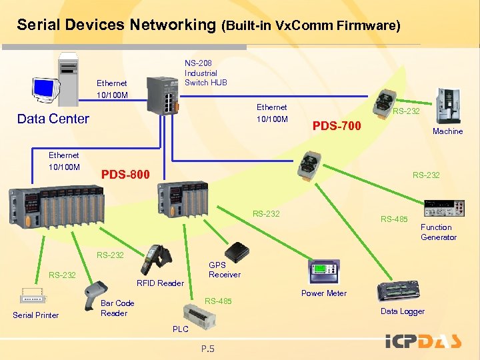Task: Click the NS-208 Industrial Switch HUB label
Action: [x=205, y=73]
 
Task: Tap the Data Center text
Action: [x=53, y=119]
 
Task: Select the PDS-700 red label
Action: [x=337, y=126]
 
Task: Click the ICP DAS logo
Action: [x=424, y=342]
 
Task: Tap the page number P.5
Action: [x=207, y=348]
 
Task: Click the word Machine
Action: [x=447, y=131]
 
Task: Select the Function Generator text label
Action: [x=439, y=232]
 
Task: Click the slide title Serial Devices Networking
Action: [x=117, y=25]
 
